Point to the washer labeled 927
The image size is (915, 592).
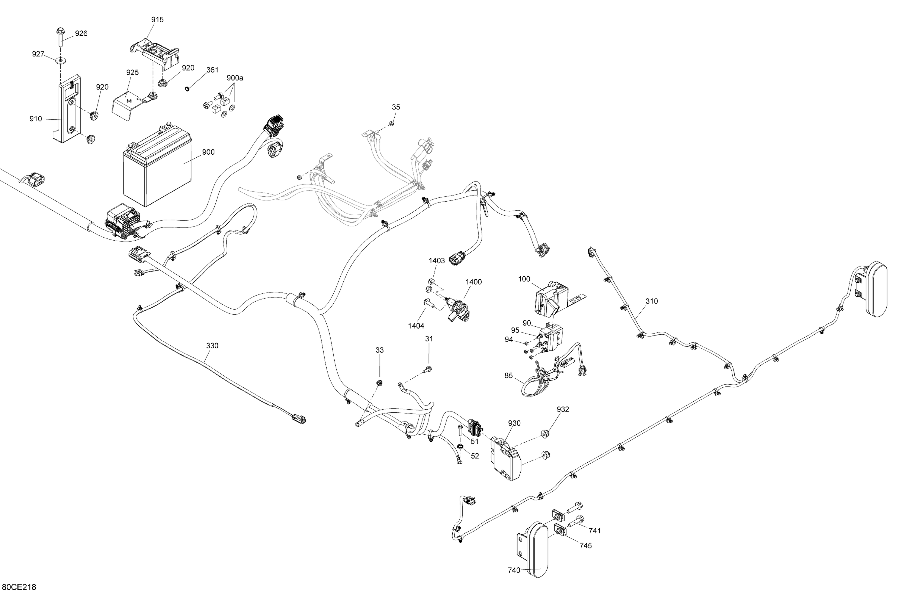(60, 60)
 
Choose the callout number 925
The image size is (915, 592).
(132, 73)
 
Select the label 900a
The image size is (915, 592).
(235, 78)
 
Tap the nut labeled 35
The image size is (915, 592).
(391, 124)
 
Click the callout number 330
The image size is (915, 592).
(212, 346)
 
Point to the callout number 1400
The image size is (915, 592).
(473, 282)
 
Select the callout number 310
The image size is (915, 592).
(652, 301)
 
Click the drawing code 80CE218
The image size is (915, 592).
(19, 587)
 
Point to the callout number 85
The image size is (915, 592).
(509, 375)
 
